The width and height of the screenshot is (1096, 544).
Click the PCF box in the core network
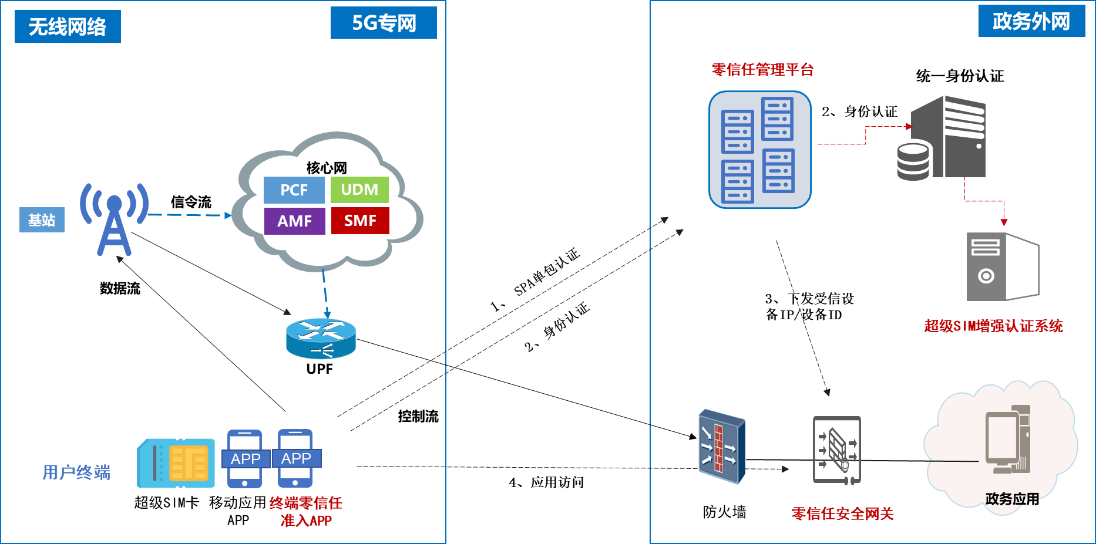coord(294,190)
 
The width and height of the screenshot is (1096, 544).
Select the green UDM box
coord(359,190)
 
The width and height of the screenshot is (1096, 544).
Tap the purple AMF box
coord(294,221)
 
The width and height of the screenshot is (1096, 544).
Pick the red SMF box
coord(360,221)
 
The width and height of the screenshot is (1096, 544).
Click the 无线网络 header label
coord(68,26)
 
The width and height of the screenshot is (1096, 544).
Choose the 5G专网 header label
coord(384,23)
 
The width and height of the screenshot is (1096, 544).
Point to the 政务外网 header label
coord(1031,21)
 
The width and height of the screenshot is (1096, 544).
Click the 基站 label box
coord(42,220)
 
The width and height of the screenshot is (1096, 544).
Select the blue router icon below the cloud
coord(321,339)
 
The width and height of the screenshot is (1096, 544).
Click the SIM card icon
coord(176,463)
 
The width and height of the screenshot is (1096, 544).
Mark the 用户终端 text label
coord(76,472)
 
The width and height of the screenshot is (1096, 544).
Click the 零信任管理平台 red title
coord(762,70)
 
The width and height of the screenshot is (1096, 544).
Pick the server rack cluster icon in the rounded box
coord(759,150)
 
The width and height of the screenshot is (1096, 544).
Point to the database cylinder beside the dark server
coord(913,161)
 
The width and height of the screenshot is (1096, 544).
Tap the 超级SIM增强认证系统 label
coord(993,326)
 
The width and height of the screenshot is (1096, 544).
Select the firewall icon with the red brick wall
coord(721,447)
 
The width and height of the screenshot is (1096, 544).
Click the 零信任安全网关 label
coord(842,514)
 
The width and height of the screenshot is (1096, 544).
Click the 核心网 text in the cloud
coord(327,168)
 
